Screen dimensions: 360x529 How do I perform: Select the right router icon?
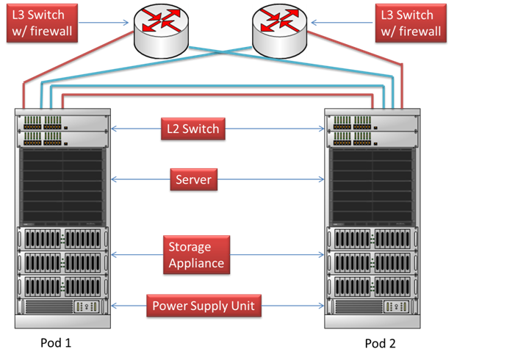click(x=279, y=28)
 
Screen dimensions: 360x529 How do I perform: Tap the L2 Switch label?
click(x=191, y=129)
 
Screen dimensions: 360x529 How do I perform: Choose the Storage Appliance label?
click(x=196, y=254)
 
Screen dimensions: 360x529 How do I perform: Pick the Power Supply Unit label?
click(x=205, y=306)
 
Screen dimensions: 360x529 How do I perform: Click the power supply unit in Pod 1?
click(x=62, y=306)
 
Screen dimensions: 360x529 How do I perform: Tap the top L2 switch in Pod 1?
click(x=62, y=121)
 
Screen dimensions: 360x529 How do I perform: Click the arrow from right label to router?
click(x=342, y=22)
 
